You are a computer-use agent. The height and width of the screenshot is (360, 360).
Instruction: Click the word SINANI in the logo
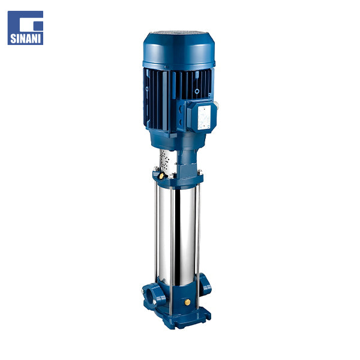(x=25, y=38)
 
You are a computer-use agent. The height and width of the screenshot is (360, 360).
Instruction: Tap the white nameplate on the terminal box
(x=204, y=117)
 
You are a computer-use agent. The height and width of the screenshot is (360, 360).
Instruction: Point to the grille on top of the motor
(x=178, y=32)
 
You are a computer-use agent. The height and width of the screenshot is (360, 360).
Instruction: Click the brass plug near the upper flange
(x=161, y=176)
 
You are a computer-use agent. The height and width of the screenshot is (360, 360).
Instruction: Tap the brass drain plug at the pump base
(x=188, y=302)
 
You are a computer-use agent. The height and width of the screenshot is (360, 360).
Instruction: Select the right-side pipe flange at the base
(x=205, y=284)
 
